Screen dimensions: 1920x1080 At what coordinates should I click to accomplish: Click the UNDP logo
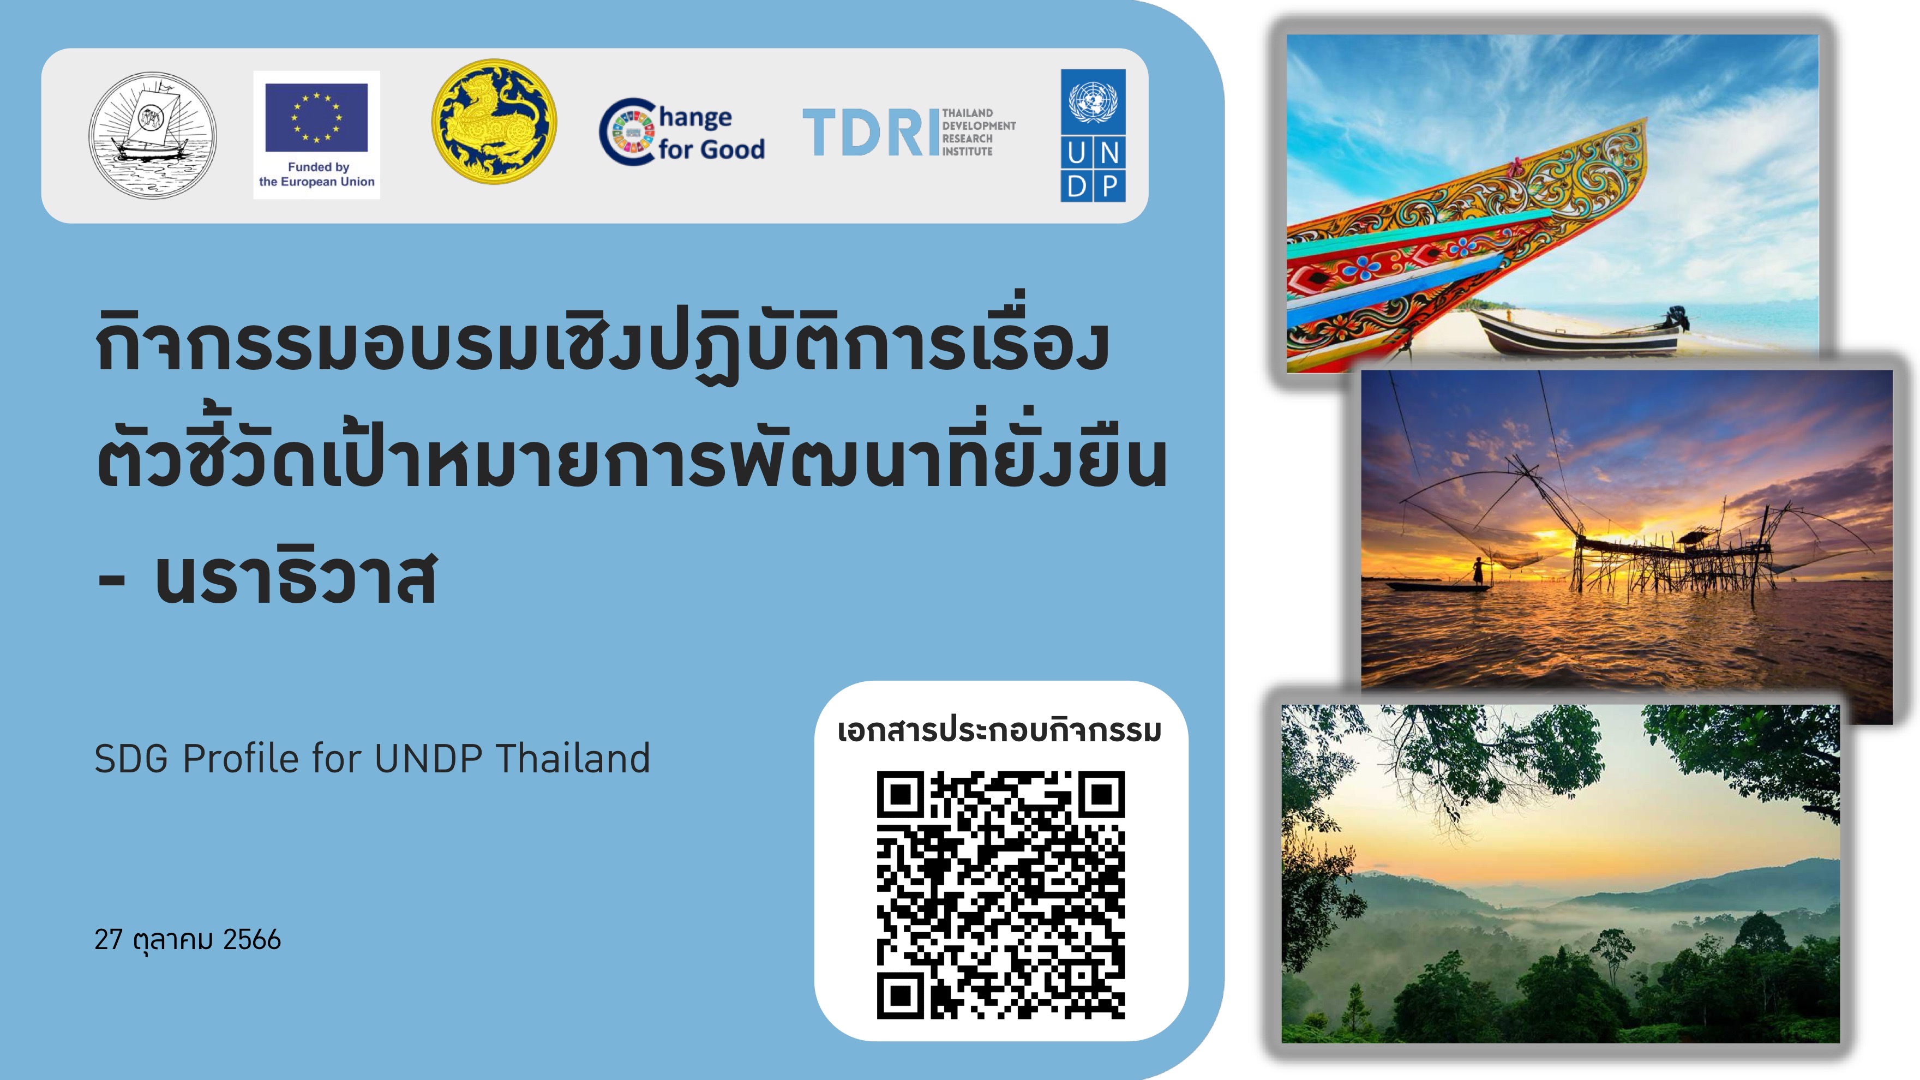click(x=1093, y=136)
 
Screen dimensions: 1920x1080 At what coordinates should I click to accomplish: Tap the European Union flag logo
click(x=316, y=118)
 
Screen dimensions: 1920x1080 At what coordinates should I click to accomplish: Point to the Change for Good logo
click(x=682, y=132)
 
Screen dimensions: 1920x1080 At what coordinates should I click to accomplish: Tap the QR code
click(x=1000, y=895)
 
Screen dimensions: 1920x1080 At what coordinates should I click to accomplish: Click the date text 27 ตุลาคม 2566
click(x=188, y=940)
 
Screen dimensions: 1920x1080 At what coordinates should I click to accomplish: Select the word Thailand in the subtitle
click(x=572, y=759)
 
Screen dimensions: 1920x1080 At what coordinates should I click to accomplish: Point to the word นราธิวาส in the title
click(x=295, y=578)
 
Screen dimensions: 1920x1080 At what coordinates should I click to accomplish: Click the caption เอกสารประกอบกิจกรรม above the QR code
click(x=999, y=730)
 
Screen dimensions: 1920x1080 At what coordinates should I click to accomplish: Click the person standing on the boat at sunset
click(x=1477, y=572)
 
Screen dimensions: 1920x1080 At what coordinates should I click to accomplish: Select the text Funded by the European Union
click(x=317, y=175)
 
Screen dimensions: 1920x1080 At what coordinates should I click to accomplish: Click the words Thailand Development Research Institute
click(x=979, y=132)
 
